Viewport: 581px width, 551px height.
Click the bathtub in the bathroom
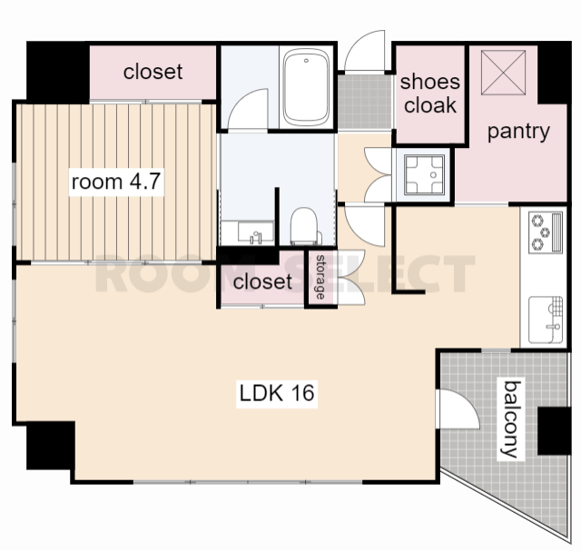click(x=306, y=88)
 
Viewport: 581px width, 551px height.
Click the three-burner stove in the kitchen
click(x=545, y=232)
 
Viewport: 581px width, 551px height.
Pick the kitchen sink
click(x=546, y=320)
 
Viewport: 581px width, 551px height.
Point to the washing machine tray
click(x=424, y=175)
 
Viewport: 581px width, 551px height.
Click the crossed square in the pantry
click(x=503, y=73)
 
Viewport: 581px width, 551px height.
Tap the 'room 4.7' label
click(x=116, y=182)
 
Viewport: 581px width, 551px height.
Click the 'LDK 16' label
click(x=277, y=393)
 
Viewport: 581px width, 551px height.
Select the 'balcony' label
click(x=510, y=418)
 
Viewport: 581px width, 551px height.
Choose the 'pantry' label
click(x=518, y=132)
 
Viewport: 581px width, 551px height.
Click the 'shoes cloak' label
click(x=429, y=93)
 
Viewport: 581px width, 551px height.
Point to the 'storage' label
click(x=320, y=277)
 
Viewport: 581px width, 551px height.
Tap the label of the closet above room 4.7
click(x=153, y=72)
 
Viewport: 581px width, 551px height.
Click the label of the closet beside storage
click(x=262, y=281)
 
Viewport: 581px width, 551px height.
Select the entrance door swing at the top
click(x=365, y=51)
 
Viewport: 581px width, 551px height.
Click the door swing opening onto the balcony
click(x=458, y=409)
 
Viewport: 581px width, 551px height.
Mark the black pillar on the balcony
click(x=554, y=430)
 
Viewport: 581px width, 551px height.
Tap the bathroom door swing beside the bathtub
click(x=248, y=110)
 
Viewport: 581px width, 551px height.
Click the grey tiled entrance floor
click(x=365, y=102)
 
